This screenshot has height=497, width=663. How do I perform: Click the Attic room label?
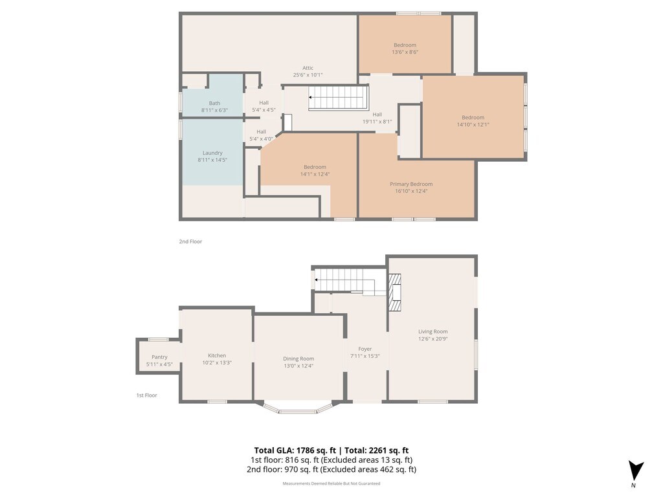pyautogui.click(x=308, y=68)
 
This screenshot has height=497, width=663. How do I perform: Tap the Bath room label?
pyautogui.click(x=214, y=103)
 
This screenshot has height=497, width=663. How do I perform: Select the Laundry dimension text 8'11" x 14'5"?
pyautogui.click(x=212, y=160)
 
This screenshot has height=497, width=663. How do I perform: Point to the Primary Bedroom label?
pyautogui.click(x=411, y=184)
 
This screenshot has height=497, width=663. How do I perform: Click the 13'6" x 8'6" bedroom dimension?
pyautogui.click(x=405, y=52)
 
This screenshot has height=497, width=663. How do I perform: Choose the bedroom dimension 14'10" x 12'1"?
pyautogui.click(x=473, y=124)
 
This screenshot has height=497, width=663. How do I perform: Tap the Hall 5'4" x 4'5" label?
pyautogui.click(x=264, y=106)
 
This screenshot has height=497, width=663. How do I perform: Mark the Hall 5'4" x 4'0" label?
pyautogui.click(x=262, y=135)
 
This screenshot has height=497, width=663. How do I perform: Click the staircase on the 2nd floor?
pyautogui.click(x=338, y=98)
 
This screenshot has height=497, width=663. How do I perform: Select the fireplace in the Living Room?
pyautogui.click(x=394, y=293)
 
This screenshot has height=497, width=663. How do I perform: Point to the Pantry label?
pyautogui.click(x=159, y=357)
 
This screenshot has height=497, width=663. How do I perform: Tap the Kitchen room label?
pyautogui.click(x=217, y=355)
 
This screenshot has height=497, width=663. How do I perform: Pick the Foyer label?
pyautogui.click(x=365, y=349)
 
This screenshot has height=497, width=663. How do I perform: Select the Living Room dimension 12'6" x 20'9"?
pyautogui.click(x=433, y=338)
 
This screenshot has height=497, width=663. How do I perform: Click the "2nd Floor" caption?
pyautogui.click(x=190, y=241)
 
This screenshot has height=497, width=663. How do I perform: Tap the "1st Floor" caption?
pyautogui.click(x=146, y=395)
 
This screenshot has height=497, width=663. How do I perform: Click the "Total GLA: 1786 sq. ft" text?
pyautogui.click(x=295, y=450)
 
